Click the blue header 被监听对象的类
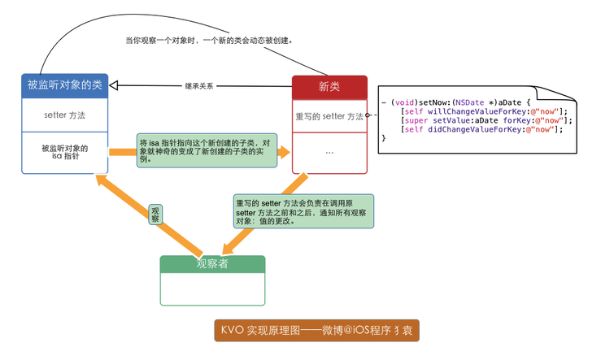(64, 85)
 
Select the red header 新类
(329, 87)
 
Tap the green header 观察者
(212, 264)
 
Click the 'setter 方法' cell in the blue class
(64, 115)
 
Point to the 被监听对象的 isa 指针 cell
(64, 152)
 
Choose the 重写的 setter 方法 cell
(329, 116)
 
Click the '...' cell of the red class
(329, 153)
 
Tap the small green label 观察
(155, 215)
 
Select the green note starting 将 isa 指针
(207, 150)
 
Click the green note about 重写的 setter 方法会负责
(303, 211)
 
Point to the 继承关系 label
(199, 86)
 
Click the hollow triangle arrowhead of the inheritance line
(114, 85)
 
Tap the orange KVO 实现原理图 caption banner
(317, 330)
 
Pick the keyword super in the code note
(416, 120)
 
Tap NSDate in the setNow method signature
(469, 102)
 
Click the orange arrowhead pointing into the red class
(284, 152)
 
